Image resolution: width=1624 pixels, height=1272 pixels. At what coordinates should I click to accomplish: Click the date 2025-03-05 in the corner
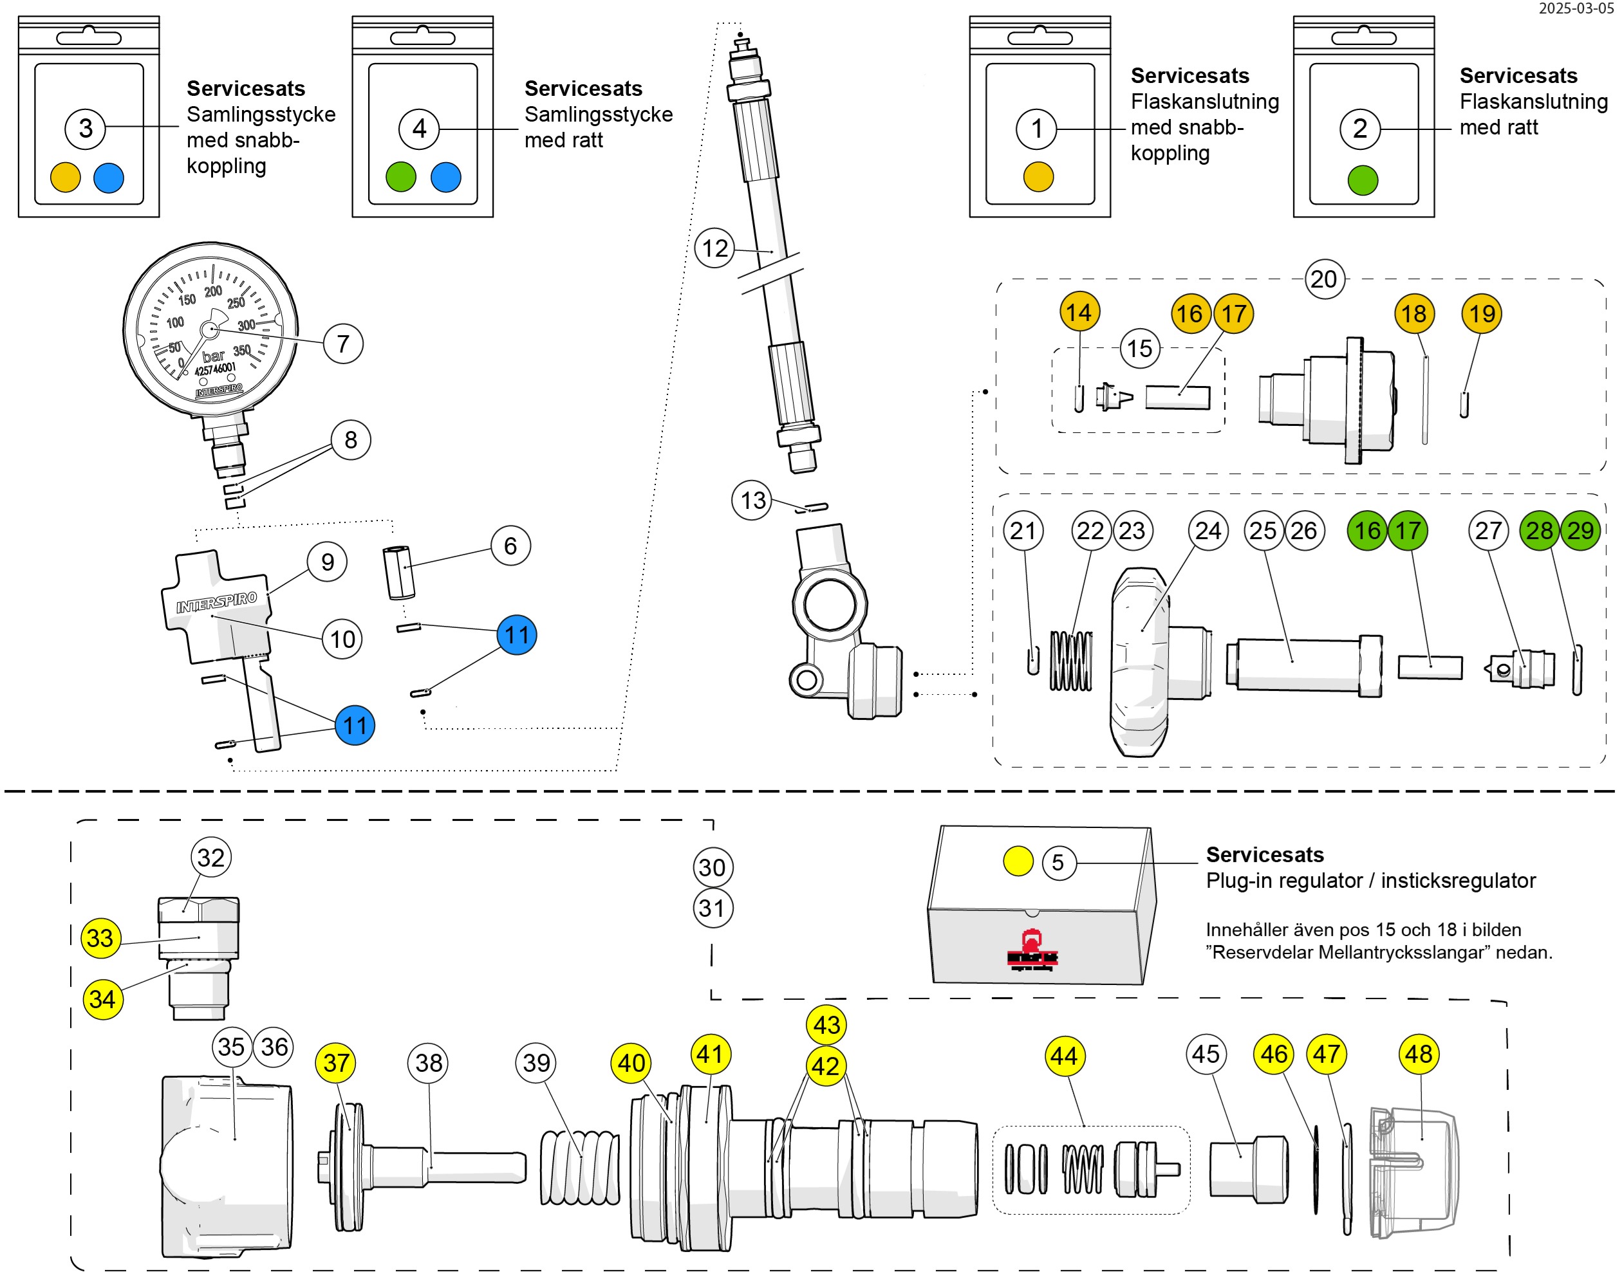tap(1576, 8)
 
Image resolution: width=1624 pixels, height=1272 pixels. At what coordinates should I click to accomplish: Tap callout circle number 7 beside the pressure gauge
tap(342, 344)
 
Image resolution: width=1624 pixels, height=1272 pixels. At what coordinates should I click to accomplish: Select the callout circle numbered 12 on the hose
tap(714, 248)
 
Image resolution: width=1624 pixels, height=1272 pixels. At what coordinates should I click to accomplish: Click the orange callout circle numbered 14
tap(1079, 312)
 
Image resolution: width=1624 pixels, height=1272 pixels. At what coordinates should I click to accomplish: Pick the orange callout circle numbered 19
tap(1481, 313)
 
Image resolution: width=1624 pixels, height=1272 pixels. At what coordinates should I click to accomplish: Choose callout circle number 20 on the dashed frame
tap(1324, 279)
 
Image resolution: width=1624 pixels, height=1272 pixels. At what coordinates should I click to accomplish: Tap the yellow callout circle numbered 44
tap(1064, 1056)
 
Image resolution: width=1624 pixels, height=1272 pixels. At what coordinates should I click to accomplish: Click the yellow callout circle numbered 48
tap(1419, 1054)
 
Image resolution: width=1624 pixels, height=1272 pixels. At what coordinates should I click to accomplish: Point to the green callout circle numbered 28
tap(1539, 530)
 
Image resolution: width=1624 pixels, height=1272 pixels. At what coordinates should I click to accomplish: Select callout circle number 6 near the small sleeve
tap(510, 546)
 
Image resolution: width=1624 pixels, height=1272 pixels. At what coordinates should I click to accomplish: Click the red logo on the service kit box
tap(1032, 951)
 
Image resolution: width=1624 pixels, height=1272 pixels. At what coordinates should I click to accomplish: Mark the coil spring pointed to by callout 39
tap(579, 1167)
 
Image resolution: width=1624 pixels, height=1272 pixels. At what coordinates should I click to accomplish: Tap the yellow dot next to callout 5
tap(1018, 862)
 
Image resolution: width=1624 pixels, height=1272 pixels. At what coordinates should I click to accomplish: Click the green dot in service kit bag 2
tap(1363, 180)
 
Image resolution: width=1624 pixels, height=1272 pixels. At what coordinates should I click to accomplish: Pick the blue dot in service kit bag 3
tap(109, 178)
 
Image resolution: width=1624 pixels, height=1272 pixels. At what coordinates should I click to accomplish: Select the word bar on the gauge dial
tap(213, 356)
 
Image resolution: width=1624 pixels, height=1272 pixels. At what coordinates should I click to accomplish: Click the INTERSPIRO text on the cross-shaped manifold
tap(216, 602)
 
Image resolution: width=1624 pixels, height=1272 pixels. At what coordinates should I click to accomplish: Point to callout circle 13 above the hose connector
tap(752, 501)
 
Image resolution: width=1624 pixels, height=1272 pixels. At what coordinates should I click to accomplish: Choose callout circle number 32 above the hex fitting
tap(211, 858)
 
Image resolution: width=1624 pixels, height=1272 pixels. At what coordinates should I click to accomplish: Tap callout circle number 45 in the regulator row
tap(1206, 1054)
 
